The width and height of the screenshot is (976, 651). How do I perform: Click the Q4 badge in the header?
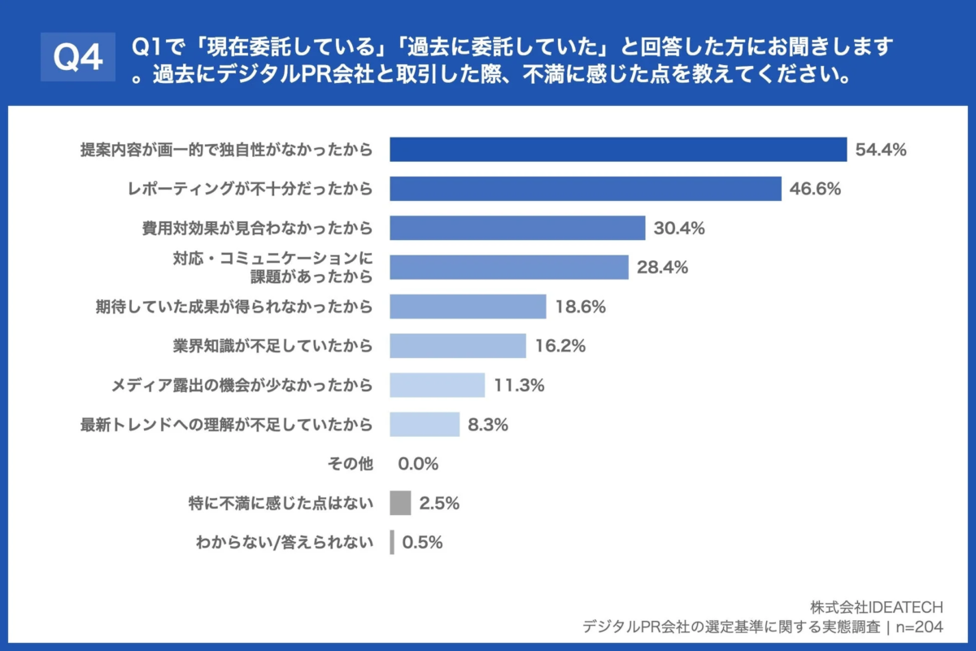pos(78,57)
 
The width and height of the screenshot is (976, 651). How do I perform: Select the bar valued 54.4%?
pos(618,150)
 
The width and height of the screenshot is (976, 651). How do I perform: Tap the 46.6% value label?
pos(815,189)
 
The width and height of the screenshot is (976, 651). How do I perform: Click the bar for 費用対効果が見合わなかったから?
pos(517,228)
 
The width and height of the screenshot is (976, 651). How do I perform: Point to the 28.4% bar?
pos(509,267)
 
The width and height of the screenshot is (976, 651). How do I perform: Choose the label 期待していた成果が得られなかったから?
pos(234,307)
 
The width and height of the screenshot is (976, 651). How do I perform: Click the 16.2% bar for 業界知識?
pos(458,346)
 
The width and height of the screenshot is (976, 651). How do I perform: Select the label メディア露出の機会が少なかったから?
pos(242,385)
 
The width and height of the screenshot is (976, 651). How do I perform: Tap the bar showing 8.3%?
pos(425,424)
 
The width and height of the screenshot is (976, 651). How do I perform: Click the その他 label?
pos(351,464)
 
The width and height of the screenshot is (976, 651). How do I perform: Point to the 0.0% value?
pos(418,464)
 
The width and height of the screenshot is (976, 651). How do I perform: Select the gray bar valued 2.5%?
pos(400,503)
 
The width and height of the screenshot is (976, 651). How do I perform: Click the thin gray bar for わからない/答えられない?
pos(392,542)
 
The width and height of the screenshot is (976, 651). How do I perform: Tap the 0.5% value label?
pos(422,542)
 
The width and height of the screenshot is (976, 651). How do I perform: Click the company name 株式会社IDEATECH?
pos(877,607)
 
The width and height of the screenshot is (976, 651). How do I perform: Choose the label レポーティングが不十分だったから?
pos(251,189)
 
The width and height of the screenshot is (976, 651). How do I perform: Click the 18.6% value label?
pos(581,307)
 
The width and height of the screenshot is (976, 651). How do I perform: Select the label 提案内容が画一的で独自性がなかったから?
pos(226,150)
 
